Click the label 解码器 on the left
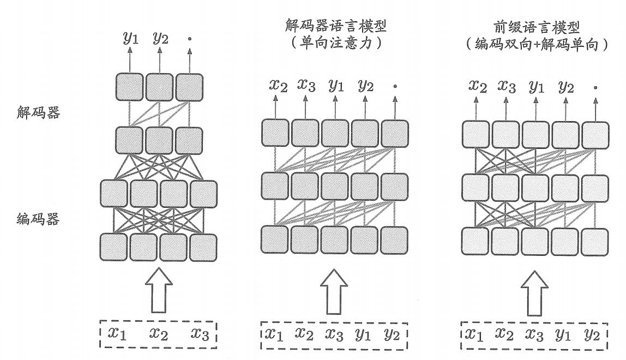(39, 113)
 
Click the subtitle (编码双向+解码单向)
(537, 44)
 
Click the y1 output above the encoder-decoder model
(131, 38)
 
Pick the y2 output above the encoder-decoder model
(160, 38)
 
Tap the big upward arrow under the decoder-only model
(334, 294)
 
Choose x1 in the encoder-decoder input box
(116, 333)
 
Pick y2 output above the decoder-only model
(365, 85)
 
